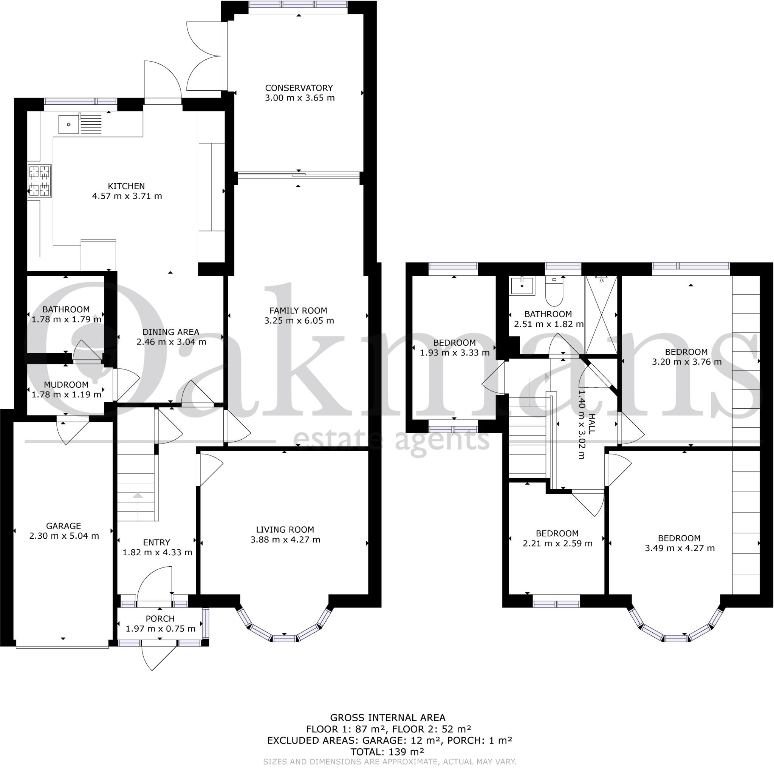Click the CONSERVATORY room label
coord(299,88)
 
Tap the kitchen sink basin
coord(69,125)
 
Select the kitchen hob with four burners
coord(40,181)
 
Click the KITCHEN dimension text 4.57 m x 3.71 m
coord(127,196)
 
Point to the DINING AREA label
coord(171,332)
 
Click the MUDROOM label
coord(66,385)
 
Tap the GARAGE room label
coord(63,526)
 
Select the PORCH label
coord(160,619)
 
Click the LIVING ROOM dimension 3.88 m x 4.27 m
coord(285,540)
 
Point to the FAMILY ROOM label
coord(298,310)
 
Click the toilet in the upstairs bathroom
coord(554,292)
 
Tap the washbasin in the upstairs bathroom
coord(522,286)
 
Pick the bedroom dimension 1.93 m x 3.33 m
coord(455,353)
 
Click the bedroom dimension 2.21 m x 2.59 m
coord(557,543)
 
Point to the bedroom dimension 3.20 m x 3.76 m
coord(687,362)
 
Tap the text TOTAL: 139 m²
coord(387,752)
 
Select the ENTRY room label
coord(156,542)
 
